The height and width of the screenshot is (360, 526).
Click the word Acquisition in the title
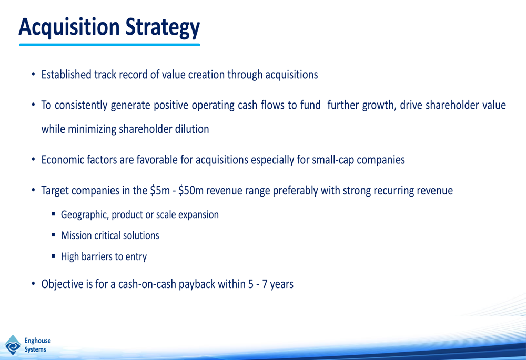tap(69, 27)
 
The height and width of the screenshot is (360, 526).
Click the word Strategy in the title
tap(163, 28)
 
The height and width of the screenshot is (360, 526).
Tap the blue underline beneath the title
tap(110, 45)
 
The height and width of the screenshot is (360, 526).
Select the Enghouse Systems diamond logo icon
tap(13, 345)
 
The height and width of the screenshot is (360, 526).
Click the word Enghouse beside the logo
tap(37, 341)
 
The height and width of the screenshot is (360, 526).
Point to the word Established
tap(66, 75)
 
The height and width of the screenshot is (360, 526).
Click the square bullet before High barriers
tap(53, 256)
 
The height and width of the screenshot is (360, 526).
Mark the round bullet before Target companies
tap(33, 190)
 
